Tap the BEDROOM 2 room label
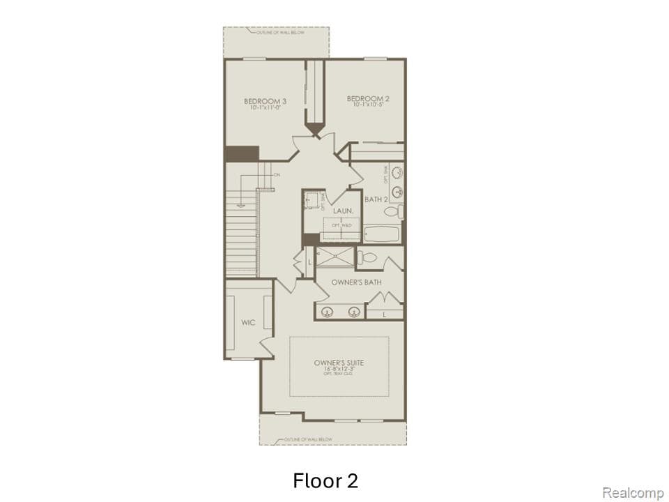(x=367, y=99)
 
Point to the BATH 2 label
(x=376, y=200)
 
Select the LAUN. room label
(x=343, y=210)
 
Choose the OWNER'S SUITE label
(x=339, y=363)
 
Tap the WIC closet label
(x=248, y=322)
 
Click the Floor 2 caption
(x=325, y=480)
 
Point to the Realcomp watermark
(x=632, y=493)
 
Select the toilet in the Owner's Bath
(x=367, y=258)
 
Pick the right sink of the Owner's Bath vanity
(x=354, y=311)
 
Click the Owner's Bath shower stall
(x=334, y=255)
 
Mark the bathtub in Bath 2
(x=382, y=234)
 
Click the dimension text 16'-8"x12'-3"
(x=339, y=370)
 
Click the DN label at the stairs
(x=277, y=175)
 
